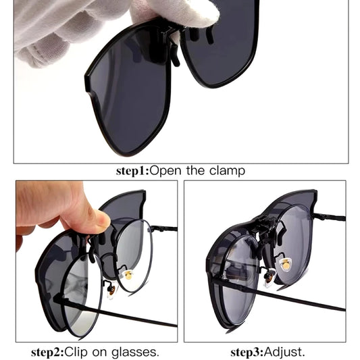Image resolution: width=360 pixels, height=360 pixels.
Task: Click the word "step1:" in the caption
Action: tap(132, 171)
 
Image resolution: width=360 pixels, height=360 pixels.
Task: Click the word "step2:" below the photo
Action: tap(47, 352)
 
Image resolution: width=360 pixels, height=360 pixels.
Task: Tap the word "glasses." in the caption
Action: tap(135, 352)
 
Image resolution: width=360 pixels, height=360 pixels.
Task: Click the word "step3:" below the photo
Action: tap(247, 352)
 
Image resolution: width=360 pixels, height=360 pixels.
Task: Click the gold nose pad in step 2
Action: tap(128, 275)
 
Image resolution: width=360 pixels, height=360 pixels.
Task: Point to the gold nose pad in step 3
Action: tap(286, 264)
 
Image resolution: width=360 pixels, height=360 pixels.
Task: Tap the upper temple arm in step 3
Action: tap(329, 217)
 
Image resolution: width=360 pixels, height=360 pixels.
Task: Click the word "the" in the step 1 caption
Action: tap(195, 171)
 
